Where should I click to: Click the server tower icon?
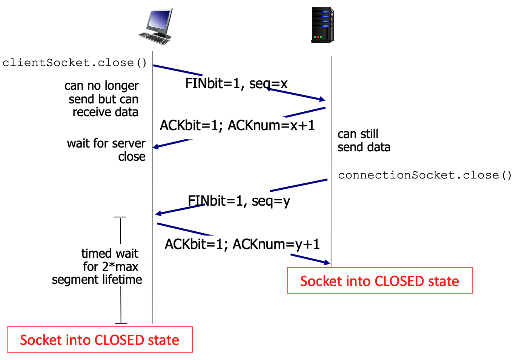click(x=323, y=25)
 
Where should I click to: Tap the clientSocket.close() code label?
click(x=75, y=63)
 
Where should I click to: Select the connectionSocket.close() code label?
click(x=425, y=175)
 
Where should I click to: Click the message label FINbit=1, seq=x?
click(x=236, y=83)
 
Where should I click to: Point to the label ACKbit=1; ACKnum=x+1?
click(x=237, y=125)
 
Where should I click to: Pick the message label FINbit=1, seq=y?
click(x=239, y=201)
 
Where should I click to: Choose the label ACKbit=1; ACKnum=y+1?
click(x=242, y=244)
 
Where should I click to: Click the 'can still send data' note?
click(x=364, y=140)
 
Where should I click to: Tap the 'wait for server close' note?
click(x=106, y=150)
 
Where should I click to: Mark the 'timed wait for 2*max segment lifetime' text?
click(x=97, y=266)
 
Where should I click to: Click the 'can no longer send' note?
click(x=102, y=99)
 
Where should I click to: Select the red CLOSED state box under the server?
click(x=380, y=280)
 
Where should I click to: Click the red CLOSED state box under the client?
click(x=100, y=340)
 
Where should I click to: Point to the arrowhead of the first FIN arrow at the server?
click(x=323, y=100)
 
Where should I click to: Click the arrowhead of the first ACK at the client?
click(x=155, y=146)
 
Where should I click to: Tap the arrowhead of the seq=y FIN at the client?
click(x=158, y=214)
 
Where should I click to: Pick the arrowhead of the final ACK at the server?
click(x=327, y=262)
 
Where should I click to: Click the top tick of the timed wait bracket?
click(x=120, y=217)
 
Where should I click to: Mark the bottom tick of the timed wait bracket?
click(x=121, y=323)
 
